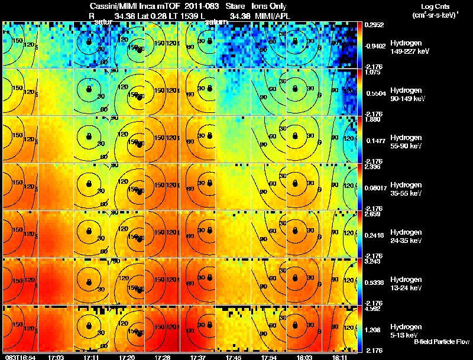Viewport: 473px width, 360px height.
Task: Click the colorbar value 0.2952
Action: click(x=371, y=25)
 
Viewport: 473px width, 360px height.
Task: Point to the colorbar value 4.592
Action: click(x=371, y=309)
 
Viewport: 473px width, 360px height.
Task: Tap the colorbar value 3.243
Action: click(x=371, y=261)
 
